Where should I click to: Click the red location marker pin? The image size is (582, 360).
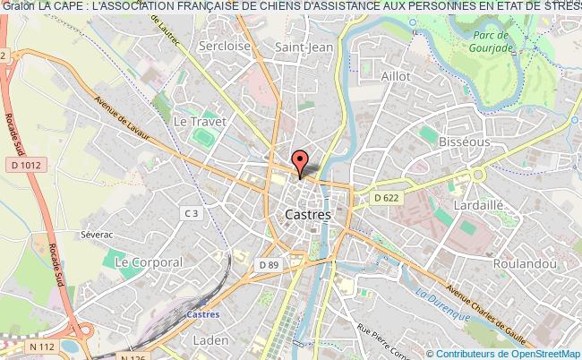click(x=303, y=160)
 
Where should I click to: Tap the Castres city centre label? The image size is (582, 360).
click(x=307, y=215)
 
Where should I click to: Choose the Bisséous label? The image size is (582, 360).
click(x=464, y=141)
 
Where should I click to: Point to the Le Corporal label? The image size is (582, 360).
click(x=149, y=262)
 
